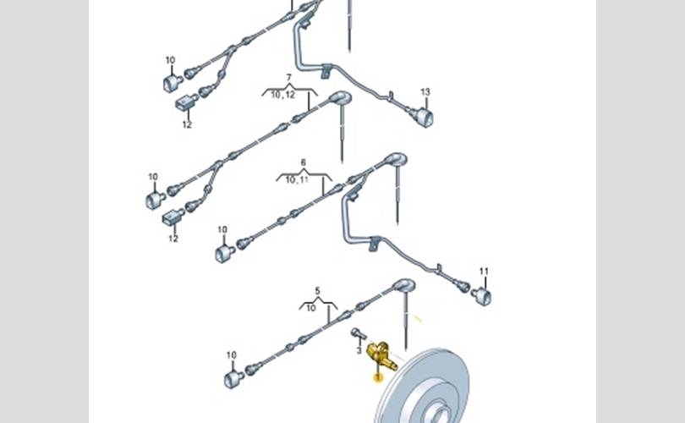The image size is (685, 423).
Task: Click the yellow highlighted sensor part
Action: [x=380, y=354]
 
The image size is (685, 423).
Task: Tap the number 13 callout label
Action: [x=425, y=92]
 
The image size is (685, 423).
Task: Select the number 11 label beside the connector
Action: [x=484, y=272]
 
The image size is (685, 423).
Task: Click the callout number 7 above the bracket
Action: [x=288, y=77]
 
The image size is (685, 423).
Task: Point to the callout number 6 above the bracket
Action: [x=304, y=162]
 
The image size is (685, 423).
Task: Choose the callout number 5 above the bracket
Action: [x=318, y=290]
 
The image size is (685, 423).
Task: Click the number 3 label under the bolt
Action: [x=359, y=350]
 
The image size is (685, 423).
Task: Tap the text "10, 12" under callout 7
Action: [x=283, y=95]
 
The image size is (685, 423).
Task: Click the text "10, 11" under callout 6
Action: [x=297, y=179]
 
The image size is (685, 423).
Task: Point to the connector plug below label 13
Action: [x=424, y=116]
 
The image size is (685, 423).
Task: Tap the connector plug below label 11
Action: [x=482, y=295]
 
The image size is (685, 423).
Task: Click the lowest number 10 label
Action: [x=232, y=355]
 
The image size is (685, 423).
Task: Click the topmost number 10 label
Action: [x=170, y=60]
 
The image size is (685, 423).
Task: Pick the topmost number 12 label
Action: [x=187, y=124]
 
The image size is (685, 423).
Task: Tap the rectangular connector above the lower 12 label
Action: [x=173, y=217]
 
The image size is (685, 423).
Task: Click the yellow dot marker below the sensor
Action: [x=378, y=376]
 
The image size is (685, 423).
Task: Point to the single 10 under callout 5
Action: [x=310, y=308]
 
